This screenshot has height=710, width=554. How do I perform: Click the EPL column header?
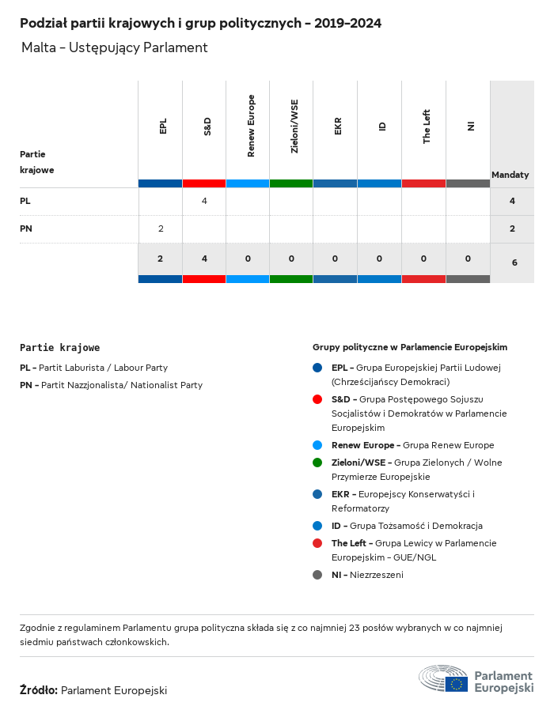[163, 127]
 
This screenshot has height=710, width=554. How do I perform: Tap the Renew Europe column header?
[251, 126]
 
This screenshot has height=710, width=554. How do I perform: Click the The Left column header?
[427, 126]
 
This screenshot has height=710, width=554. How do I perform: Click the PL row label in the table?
[25, 201]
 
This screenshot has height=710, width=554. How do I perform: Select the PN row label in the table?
[25, 228]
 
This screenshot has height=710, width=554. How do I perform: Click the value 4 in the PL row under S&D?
[204, 201]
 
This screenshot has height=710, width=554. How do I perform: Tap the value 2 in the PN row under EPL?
[161, 228]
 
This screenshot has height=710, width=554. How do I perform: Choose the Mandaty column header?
[510, 175]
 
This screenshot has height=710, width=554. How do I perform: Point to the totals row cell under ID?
[380, 259]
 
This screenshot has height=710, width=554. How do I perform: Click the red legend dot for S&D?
[317, 399]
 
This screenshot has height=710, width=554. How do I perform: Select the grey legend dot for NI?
[317, 575]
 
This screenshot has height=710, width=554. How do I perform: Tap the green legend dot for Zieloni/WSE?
[317, 463]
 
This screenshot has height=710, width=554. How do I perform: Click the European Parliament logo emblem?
[443, 679]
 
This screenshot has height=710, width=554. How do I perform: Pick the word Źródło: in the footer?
[39, 690]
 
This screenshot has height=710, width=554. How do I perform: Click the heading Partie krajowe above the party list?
[60, 347]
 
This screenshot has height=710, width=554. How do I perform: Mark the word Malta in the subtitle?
[38, 47]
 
